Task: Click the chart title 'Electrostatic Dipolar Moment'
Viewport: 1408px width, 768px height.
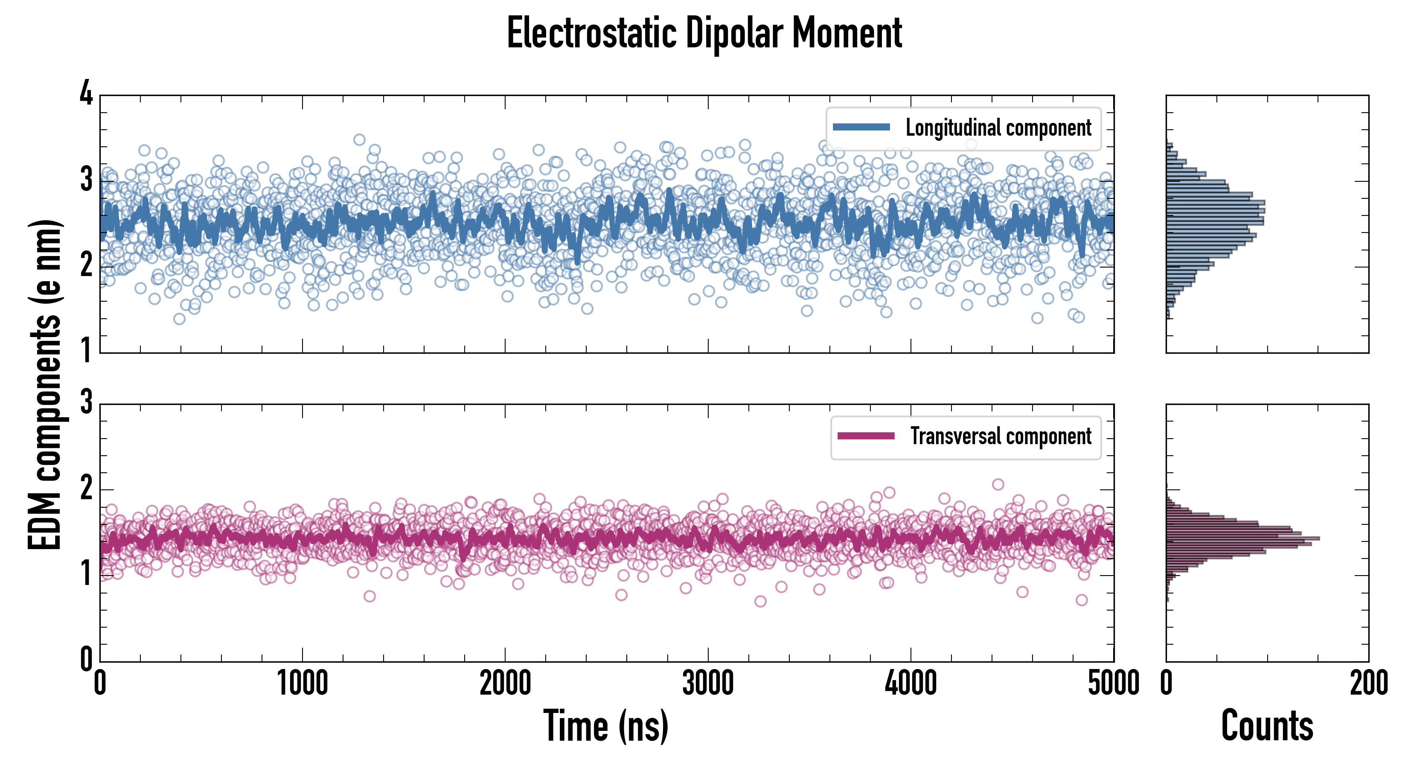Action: (704, 33)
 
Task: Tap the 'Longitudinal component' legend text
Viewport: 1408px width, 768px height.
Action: (998, 128)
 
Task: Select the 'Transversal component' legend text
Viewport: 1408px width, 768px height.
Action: (1000, 436)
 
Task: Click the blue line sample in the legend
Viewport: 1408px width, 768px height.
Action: (861, 128)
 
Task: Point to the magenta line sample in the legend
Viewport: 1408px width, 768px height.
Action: (866, 436)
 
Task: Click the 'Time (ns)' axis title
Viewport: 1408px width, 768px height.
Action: (605, 726)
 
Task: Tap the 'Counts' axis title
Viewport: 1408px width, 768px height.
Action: (1267, 726)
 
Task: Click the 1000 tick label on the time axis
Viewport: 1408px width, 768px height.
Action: (302, 683)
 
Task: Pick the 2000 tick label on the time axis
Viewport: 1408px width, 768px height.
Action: (505, 683)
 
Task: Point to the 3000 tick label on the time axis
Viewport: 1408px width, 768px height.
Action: (708, 683)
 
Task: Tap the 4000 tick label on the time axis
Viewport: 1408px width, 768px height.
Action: (911, 683)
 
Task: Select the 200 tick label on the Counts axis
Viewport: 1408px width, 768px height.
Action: (1369, 683)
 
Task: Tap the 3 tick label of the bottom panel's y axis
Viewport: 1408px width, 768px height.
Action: (86, 403)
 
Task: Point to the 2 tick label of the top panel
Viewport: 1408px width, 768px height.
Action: (86, 266)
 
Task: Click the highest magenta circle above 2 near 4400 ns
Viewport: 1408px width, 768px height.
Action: (998, 484)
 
